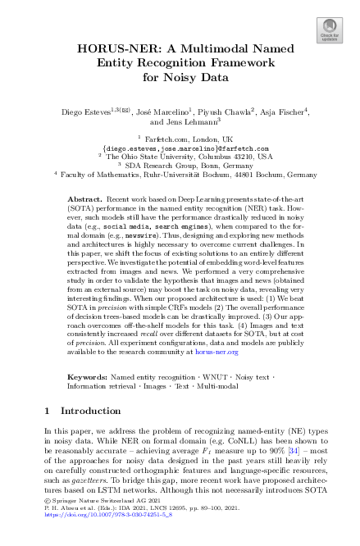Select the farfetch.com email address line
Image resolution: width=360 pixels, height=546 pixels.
(180, 151)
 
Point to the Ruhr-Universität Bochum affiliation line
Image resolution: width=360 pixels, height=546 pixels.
(180, 175)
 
